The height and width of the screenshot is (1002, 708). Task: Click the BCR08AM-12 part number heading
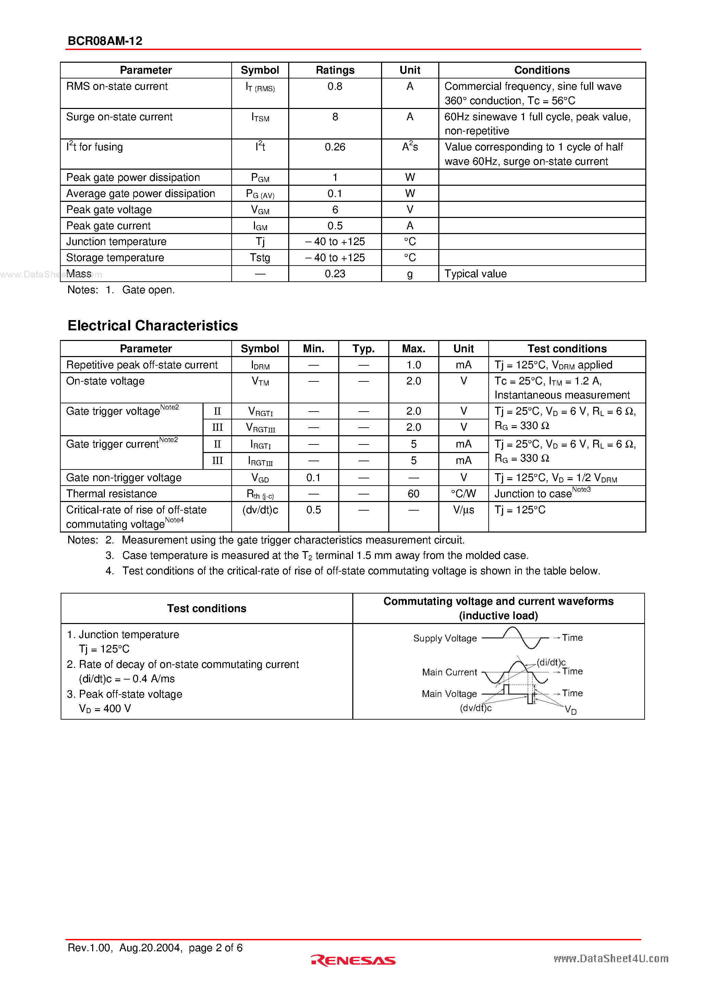click(x=105, y=41)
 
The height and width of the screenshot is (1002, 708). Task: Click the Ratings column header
click(x=335, y=70)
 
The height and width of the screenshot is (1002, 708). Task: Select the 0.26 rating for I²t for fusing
click(x=335, y=147)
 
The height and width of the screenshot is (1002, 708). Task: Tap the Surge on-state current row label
click(x=119, y=117)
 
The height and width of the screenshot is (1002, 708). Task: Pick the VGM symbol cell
click(x=260, y=210)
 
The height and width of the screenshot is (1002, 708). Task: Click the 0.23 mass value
click(x=335, y=274)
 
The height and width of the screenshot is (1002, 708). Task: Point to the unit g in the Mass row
click(x=410, y=274)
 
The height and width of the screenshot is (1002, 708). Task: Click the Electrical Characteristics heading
click(x=153, y=326)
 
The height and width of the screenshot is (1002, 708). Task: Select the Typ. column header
click(x=363, y=349)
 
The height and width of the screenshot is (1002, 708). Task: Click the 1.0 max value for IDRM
click(x=413, y=365)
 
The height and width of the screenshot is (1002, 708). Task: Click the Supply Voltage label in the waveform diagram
click(x=445, y=638)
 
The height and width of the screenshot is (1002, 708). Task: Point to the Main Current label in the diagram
click(x=449, y=672)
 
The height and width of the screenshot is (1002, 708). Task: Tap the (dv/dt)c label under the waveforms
click(x=475, y=708)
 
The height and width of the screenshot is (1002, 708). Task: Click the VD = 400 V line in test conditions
click(x=105, y=709)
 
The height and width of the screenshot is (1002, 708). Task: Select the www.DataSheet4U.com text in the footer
click(x=611, y=958)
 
